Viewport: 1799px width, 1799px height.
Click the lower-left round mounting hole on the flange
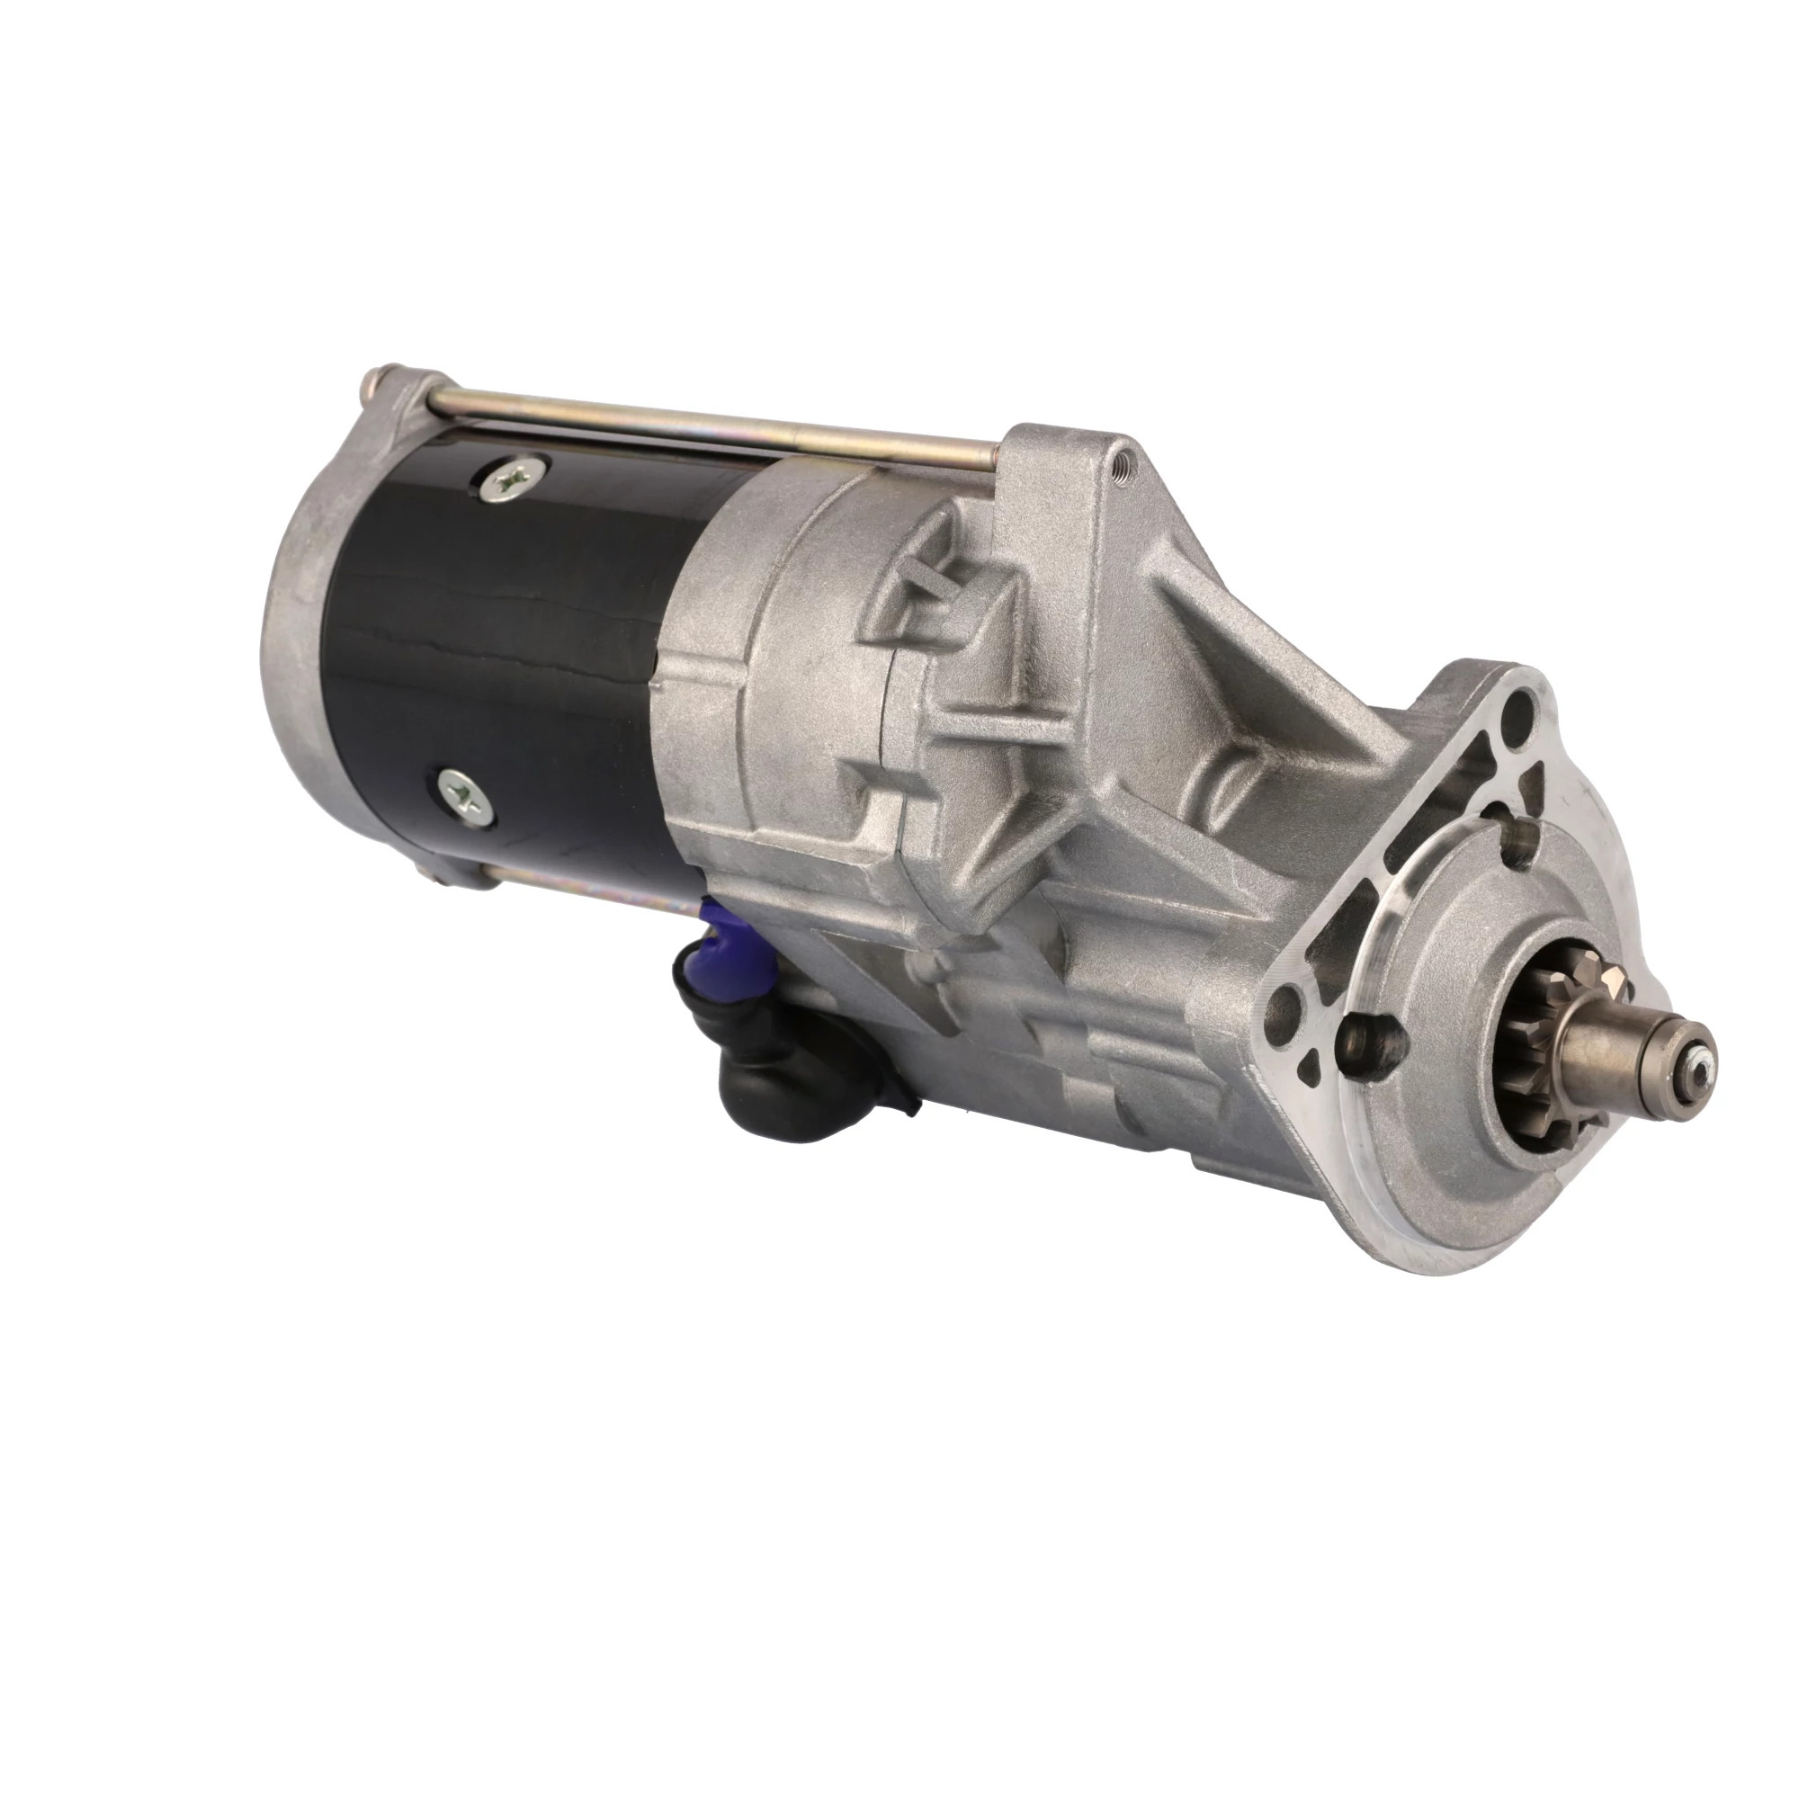tap(1289, 1006)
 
